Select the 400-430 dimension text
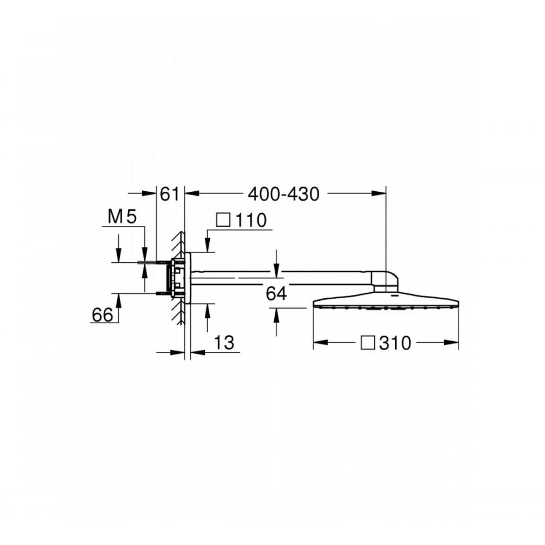pos(283,194)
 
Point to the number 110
pos(251,220)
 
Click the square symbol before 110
pos(223,220)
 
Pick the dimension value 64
pos(276,294)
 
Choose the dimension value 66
pos(102,315)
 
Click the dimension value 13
pos(224,343)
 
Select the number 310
pos(395,343)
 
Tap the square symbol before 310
pos(368,343)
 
